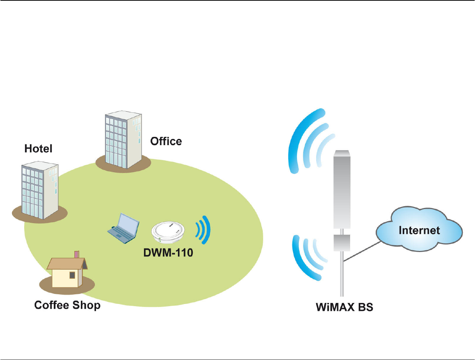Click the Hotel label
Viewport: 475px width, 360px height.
click(38, 149)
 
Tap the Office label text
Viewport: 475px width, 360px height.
click(166, 141)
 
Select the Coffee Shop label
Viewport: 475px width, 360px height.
click(67, 305)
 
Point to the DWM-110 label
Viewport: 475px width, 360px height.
click(168, 252)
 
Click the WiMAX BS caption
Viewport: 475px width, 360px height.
click(344, 307)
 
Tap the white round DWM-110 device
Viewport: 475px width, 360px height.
click(168, 232)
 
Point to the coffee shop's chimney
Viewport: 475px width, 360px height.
click(77, 254)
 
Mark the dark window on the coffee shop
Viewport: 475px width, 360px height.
click(72, 275)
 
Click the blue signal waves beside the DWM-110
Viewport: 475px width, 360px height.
click(203, 230)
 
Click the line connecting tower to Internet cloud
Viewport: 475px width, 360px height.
click(361, 251)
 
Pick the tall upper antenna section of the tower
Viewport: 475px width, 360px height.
click(342, 190)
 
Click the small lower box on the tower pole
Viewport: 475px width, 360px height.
click(341, 242)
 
